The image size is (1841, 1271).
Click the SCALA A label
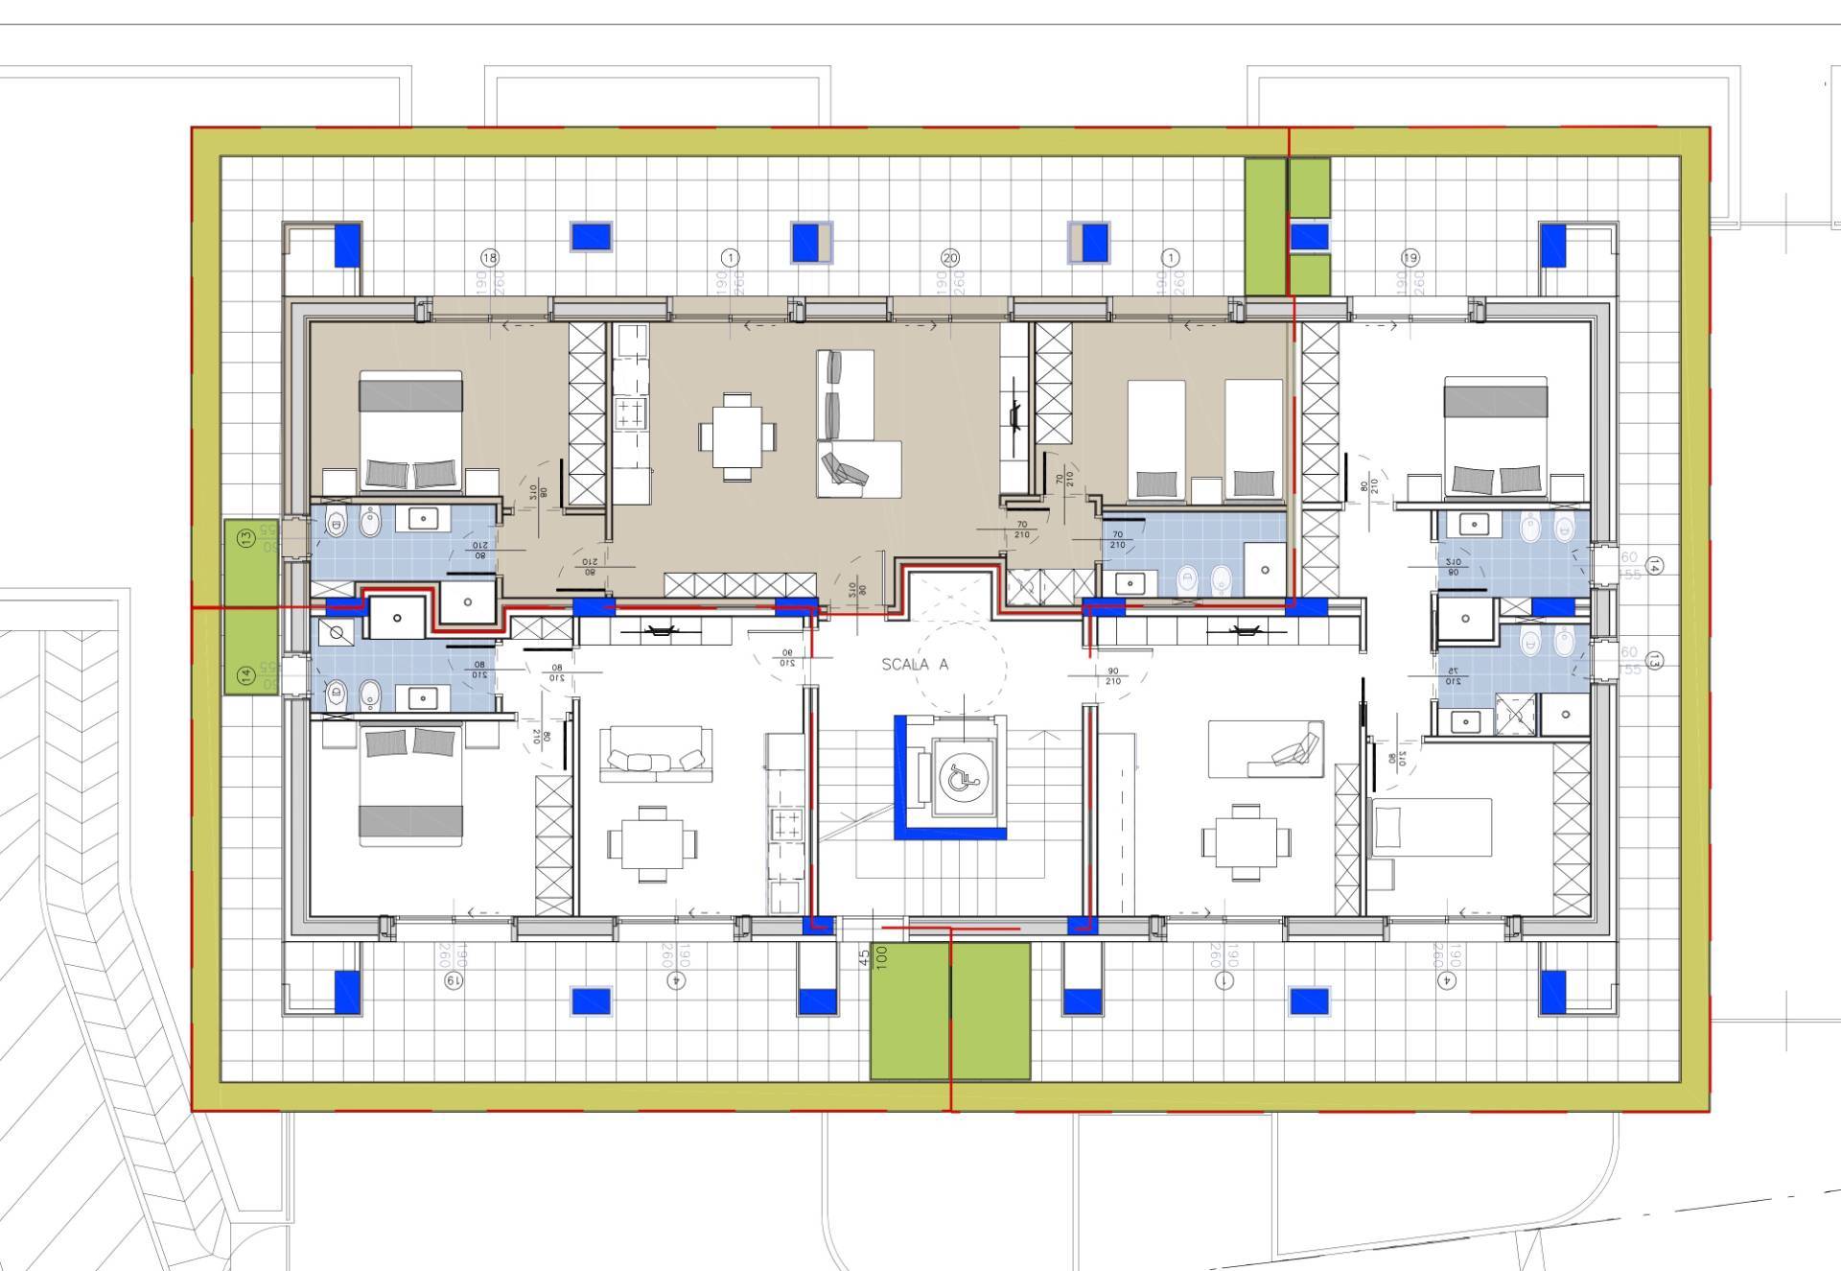point(915,664)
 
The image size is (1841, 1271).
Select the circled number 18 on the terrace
point(490,258)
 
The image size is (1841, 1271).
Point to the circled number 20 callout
point(950,258)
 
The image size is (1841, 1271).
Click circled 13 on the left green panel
point(246,539)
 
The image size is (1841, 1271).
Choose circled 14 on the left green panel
point(246,674)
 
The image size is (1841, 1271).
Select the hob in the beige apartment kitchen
point(630,413)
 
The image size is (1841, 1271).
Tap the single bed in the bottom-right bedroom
point(1432,827)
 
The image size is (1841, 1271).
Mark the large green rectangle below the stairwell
point(949,1010)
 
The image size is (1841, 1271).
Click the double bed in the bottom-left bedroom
point(410,785)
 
